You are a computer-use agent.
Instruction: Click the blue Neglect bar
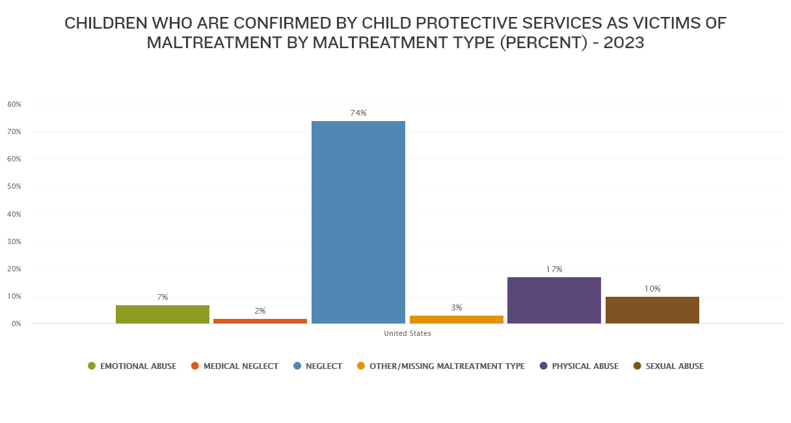coord(358,222)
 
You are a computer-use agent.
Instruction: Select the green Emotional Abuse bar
coord(163,314)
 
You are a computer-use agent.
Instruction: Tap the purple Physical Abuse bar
coord(554,300)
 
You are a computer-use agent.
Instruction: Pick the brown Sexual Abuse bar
coord(652,310)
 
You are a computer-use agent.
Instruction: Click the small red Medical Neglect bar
coord(260,321)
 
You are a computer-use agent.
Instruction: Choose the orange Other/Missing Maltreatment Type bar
coord(457,320)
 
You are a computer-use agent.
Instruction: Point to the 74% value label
coord(358,113)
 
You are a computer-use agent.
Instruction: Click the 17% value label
coord(554,269)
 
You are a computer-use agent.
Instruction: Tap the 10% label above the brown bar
coord(652,289)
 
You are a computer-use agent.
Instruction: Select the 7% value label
coord(163,297)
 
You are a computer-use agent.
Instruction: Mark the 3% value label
coord(457,308)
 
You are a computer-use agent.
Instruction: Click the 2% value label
coord(260,311)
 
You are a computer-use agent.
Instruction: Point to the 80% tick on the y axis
coord(14,104)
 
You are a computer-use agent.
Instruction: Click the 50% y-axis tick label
coord(14,187)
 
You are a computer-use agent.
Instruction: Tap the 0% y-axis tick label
coord(16,324)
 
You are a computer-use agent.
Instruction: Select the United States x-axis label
coord(407,334)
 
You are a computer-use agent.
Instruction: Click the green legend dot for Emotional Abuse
coord(92,366)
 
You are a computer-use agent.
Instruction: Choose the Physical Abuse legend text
coord(585,366)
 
